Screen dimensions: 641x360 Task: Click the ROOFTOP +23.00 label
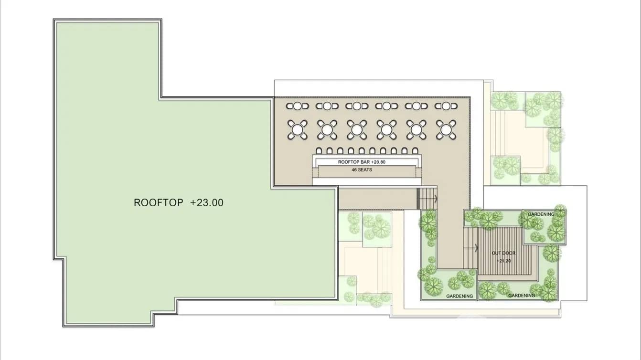pyautogui.click(x=179, y=202)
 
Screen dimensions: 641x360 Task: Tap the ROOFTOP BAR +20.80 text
pyautogui.click(x=362, y=162)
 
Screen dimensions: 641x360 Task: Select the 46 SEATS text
pyautogui.click(x=362, y=170)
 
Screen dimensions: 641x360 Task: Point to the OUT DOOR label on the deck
pyautogui.click(x=503, y=253)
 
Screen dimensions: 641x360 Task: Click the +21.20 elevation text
pyautogui.click(x=503, y=261)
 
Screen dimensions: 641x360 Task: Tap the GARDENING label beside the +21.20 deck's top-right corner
pyautogui.click(x=541, y=214)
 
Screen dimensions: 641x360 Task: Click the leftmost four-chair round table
pyautogui.click(x=298, y=130)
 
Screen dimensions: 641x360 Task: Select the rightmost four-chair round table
pyautogui.click(x=446, y=130)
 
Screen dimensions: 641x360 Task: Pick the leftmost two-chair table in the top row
pyautogui.click(x=298, y=106)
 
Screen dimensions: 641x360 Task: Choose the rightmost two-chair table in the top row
pyautogui.click(x=446, y=106)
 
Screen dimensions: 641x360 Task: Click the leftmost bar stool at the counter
pyautogui.click(x=319, y=151)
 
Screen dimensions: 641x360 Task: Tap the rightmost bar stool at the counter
pyautogui.click(x=415, y=151)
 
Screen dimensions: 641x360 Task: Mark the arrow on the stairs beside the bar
pyautogui.click(x=436, y=198)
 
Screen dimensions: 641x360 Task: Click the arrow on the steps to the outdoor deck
pyautogui.click(x=476, y=248)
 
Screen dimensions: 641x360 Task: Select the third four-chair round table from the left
pyautogui.click(x=357, y=130)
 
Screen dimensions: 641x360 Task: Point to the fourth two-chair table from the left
pyautogui.click(x=386, y=106)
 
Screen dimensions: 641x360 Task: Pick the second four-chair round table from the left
pyautogui.click(x=327, y=130)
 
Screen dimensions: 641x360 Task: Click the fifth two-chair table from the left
pyautogui.click(x=417, y=106)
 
